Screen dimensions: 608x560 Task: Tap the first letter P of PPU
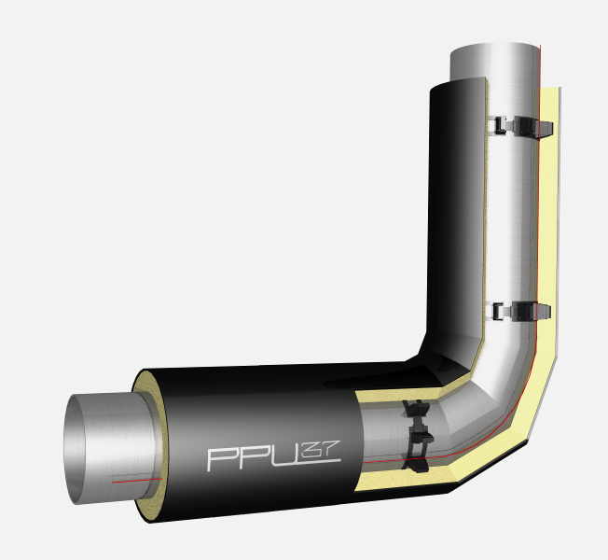221,460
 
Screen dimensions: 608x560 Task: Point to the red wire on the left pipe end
136,481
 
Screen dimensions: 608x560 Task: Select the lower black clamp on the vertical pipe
531,312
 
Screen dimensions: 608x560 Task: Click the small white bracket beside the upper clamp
498,125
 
